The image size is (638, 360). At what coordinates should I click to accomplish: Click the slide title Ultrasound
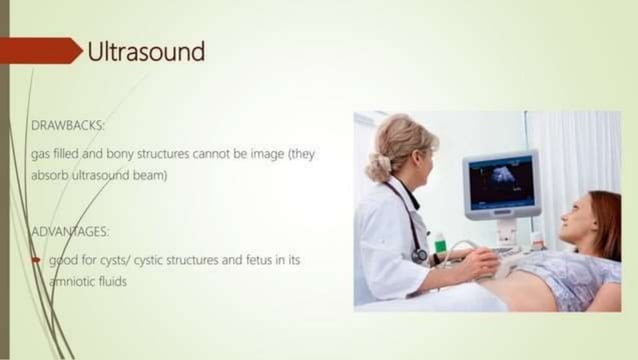click(x=146, y=51)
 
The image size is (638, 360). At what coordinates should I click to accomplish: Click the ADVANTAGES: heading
click(x=70, y=231)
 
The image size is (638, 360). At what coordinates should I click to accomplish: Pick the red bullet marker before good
click(x=37, y=259)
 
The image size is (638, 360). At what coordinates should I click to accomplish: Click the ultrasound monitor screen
click(x=501, y=182)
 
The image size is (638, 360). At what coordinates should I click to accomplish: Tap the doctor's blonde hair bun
click(x=377, y=165)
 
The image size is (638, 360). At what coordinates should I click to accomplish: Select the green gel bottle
click(x=440, y=245)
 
